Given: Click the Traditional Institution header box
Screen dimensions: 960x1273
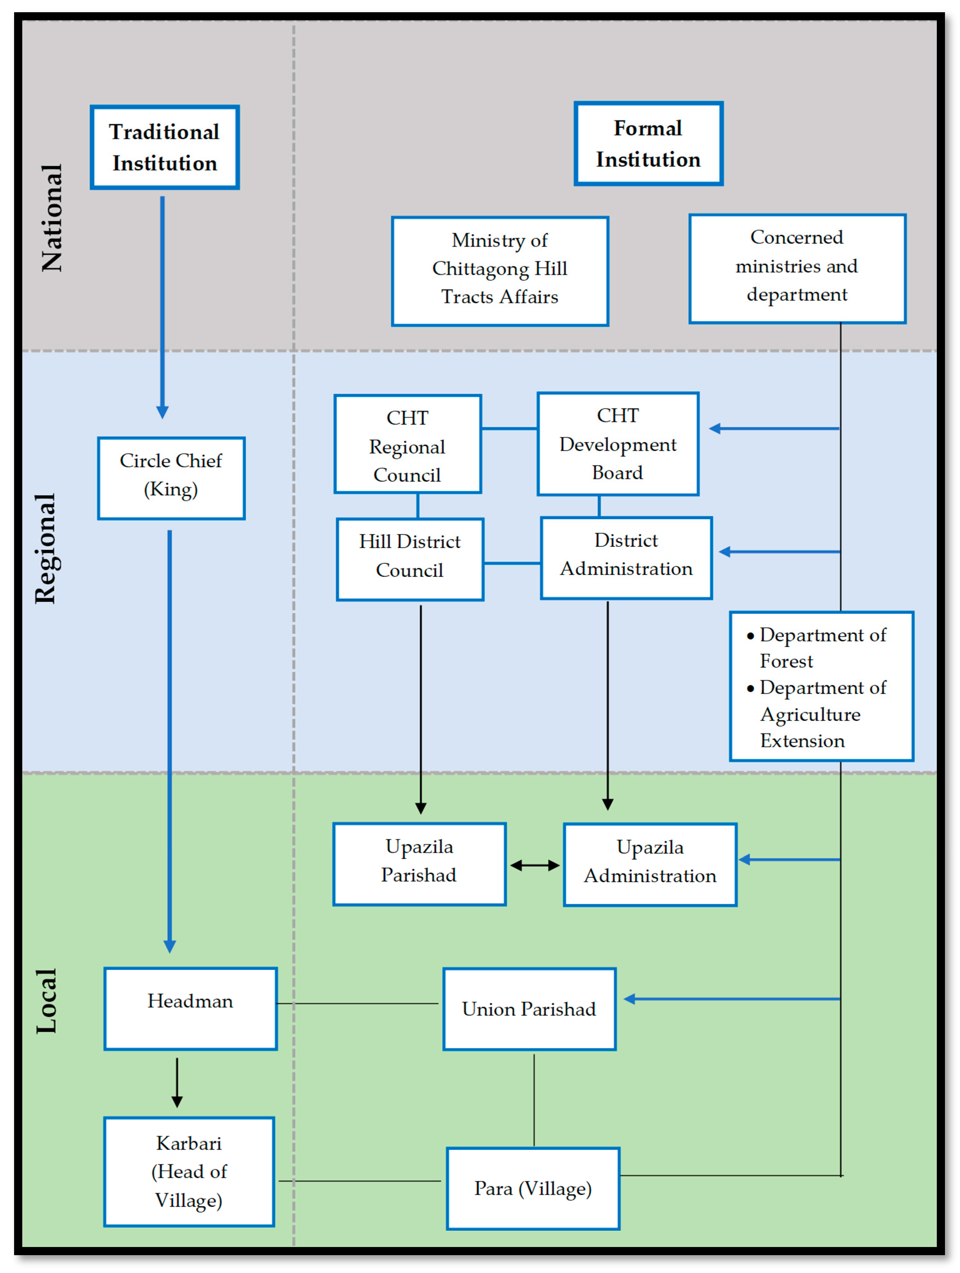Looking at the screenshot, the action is [x=165, y=147].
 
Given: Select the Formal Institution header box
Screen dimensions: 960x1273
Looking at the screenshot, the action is [x=648, y=144].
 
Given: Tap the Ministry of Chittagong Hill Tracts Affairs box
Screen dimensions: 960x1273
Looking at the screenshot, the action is [x=499, y=271].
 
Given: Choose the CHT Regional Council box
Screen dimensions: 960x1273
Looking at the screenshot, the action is [x=407, y=444].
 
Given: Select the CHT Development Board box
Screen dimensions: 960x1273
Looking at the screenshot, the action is [x=617, y=444].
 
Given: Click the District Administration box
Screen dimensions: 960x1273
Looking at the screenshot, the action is [x=626, y=558].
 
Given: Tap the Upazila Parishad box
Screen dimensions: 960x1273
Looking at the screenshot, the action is [x=419, y=864].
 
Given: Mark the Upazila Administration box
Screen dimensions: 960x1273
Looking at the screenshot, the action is [x=650, y=864].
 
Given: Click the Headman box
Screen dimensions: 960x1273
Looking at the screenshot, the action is [x=190, y=1009].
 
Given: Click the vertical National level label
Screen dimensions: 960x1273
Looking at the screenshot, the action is [x=52, y=218].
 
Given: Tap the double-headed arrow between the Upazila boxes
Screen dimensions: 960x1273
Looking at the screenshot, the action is [x=535, y=865].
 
